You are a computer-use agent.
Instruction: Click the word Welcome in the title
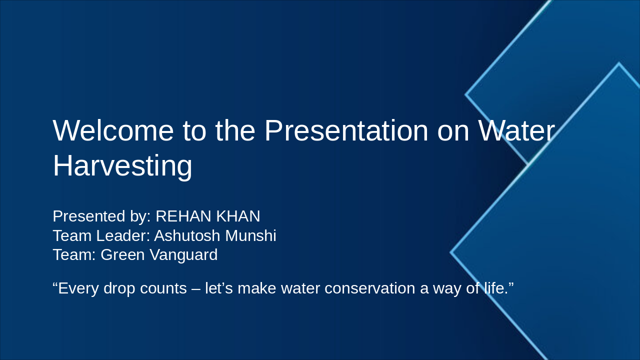[113, 131]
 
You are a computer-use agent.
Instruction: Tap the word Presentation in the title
[346, 131]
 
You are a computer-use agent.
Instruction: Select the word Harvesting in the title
[122, 166]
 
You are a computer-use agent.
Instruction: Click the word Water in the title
[516, 131]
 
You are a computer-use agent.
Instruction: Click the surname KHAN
[238, 216]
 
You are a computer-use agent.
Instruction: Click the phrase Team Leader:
[101, 235]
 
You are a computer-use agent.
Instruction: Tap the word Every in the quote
[78, 288]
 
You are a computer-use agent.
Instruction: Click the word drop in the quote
[120, 288]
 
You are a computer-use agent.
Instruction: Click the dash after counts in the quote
[195, 288]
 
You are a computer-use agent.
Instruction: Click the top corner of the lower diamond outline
[619, 64]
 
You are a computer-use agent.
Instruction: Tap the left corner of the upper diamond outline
[466, 94]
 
